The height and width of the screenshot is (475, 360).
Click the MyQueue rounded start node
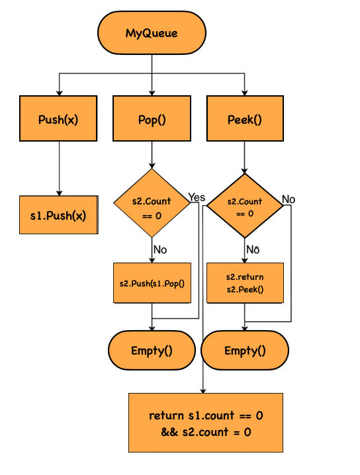point(152,32)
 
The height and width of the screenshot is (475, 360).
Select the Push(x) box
point(59,120)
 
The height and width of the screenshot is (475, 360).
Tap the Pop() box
point(152,120)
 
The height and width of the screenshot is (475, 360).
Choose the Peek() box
point(245,120)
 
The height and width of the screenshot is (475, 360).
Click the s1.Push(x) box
point(59,215)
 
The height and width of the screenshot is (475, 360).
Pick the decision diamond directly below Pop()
point(152,202)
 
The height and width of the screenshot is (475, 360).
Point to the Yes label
point(197,197)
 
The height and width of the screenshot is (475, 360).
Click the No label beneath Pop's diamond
point(160,249)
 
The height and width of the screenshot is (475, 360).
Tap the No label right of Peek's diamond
point(289,198)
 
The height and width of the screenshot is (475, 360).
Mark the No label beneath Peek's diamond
point(252,249)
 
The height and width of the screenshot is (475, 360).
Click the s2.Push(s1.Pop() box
point(152,283)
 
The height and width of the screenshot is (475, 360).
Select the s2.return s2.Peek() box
point(245,283)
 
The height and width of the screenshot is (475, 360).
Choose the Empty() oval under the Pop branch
point(152,350)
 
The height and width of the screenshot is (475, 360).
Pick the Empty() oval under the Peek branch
point(245,350)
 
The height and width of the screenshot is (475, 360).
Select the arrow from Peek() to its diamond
point(245,157)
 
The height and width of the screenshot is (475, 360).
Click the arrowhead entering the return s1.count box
point(202,390)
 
